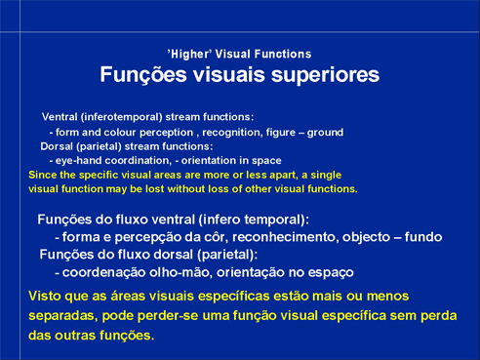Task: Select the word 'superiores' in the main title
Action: (325, 75)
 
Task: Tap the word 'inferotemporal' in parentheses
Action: (122, 117)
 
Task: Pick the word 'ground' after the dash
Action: (325, 133)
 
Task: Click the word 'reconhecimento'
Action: (284, 237)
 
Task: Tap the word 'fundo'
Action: (423, 237)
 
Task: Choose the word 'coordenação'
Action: (103, 272)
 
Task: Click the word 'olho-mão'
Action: (180, 272)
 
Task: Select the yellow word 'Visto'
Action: (45, 297)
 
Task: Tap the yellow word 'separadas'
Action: (62, 316)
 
